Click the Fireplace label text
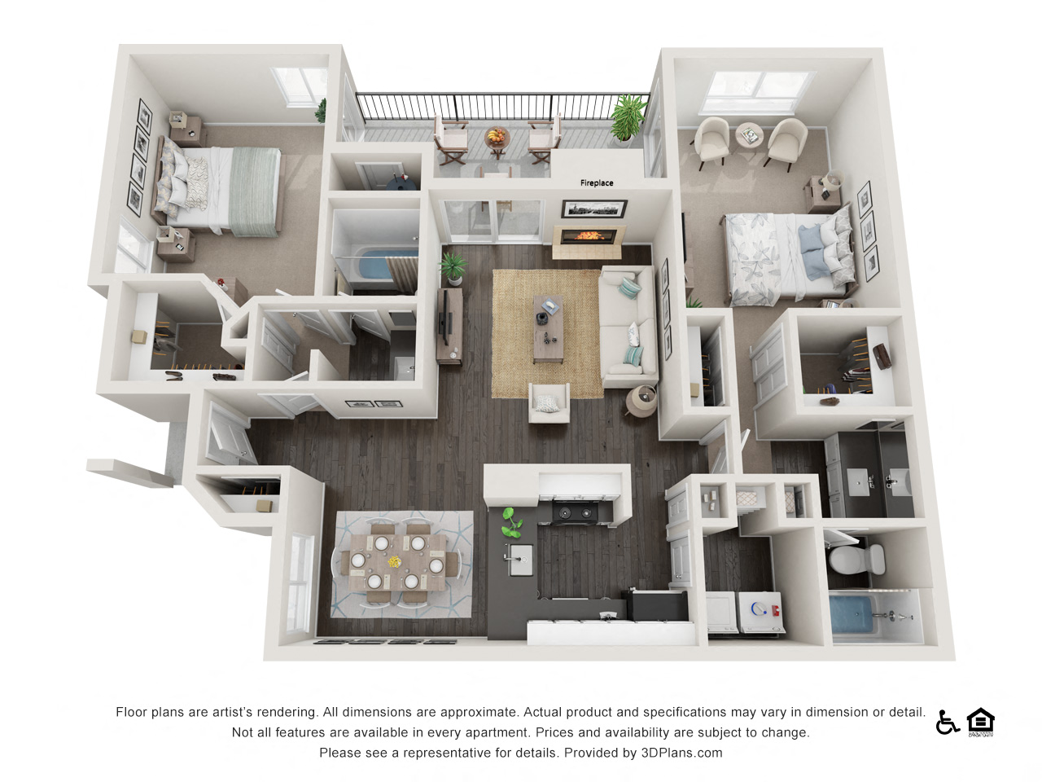pyautogui.click(x=597, y=183)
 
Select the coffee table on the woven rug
pyautogui.click(x=549, y=331)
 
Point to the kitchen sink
pyautogui.click(x=519, y=560)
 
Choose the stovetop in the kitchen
pyautogui.click(x=575, y=512)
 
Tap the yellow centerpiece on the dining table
pyautogui.click(x=395, y=562)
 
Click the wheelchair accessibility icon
pyautogui.click(x=947, y=722)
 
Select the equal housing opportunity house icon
pyautogui.click(x=981, y=722)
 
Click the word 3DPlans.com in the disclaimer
pyautogui.click(x=681, y=753)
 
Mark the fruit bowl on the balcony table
pyautogui.click(x=496, y=136)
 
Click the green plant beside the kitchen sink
pyautogui.click(x=510, y=522)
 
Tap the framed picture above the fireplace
pyautogui.click(x=594, y=209)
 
